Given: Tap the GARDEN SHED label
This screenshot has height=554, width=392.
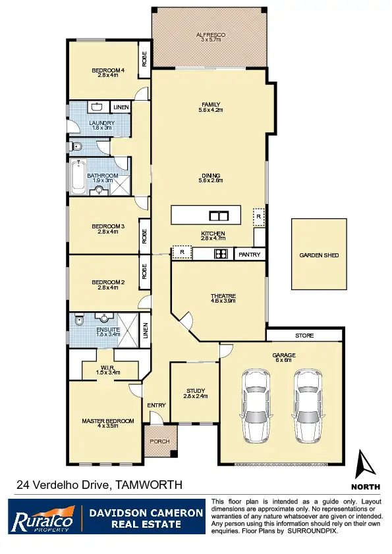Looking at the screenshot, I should coord(319,255).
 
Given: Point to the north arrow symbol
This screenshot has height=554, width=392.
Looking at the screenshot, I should coord(366,465).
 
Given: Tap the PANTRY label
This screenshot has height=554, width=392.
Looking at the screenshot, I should coord(250,254).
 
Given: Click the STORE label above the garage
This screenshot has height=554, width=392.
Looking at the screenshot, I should coord(304,336).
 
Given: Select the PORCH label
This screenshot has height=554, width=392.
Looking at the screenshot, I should coord(160,441).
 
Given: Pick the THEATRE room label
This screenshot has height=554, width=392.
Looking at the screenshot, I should coord(223,296).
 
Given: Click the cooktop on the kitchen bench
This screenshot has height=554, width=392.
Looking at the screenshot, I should coord(221,254).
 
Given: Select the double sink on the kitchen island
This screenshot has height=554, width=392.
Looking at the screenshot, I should coord(219,215).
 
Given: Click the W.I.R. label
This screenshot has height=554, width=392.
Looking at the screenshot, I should coord(109,368).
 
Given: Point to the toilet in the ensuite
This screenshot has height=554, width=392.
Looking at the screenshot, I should coord(79,321).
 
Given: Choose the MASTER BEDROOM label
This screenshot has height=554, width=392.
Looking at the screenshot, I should coord(107,421).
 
